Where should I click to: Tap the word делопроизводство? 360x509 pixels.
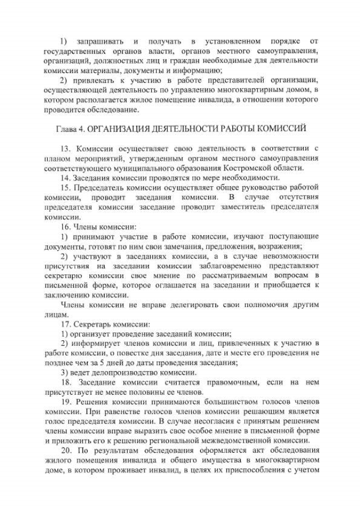tap(112, 372)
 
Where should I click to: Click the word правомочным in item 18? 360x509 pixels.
tap(223, 382)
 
